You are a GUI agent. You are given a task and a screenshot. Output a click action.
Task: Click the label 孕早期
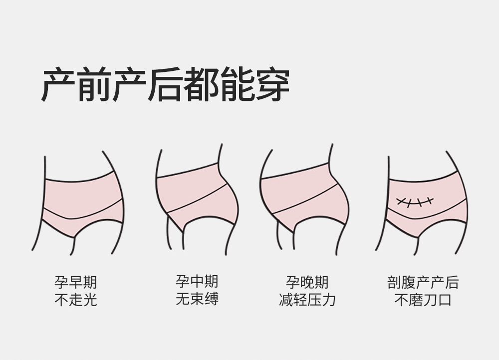coord(76,283)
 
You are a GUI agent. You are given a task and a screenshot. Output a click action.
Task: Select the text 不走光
coord(76,300)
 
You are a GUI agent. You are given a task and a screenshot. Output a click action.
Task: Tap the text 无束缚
coord(197,299)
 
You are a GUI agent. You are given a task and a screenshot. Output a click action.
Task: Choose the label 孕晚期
coord(307,282)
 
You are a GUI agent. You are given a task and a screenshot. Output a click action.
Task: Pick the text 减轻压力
coord(307,300)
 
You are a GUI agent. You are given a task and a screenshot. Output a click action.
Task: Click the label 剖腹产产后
coord(423,283)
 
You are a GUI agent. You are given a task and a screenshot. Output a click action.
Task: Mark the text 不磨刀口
coord(423,300)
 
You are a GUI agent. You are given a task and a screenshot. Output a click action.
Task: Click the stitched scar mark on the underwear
coord(414,201)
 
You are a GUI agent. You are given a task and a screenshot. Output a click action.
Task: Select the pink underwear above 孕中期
coord(197,195)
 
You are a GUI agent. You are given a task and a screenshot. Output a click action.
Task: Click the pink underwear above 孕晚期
coord(304,195)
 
